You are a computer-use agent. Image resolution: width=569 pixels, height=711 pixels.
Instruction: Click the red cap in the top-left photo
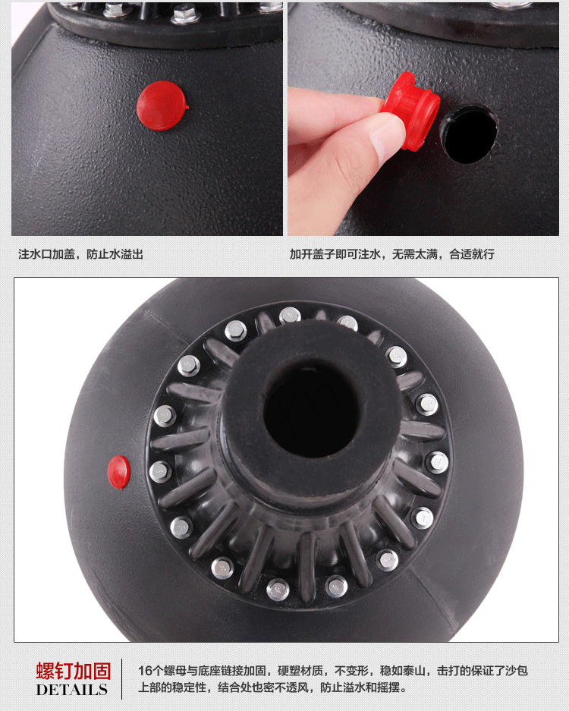pos(162,106)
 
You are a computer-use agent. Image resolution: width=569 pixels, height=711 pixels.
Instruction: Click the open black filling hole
pos(469,134)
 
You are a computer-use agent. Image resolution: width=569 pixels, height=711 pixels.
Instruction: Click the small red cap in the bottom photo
pos(119,473)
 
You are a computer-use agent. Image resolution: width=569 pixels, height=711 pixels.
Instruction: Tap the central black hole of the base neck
pos(312,409)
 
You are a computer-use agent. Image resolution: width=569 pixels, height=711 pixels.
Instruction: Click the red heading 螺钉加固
pos(74,671)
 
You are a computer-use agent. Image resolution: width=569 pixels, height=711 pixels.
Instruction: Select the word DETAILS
pos(71,690)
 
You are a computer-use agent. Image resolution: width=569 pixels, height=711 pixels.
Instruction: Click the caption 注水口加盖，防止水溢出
pos(80,254)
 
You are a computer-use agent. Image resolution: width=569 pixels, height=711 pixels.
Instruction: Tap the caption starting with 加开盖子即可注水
pos(391,254)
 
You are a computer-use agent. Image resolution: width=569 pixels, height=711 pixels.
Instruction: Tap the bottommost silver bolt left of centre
pos(278,589)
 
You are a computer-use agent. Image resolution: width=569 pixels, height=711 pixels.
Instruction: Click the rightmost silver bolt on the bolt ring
pos(438,463)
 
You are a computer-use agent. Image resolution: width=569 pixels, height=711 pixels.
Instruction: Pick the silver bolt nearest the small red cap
pos(161,471)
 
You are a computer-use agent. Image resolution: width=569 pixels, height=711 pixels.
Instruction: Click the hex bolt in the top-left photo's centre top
pos(186,14)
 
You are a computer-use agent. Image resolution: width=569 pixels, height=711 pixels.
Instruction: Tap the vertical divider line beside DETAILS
pos(121,679)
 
